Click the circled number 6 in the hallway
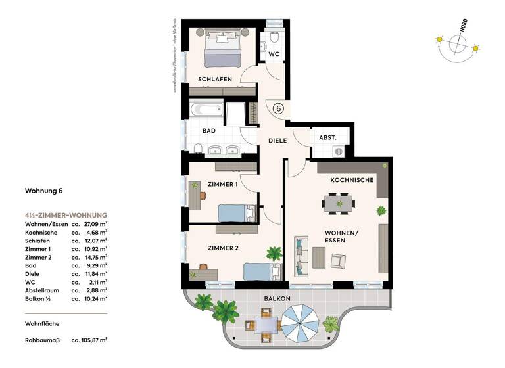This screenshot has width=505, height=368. tap(278, 110)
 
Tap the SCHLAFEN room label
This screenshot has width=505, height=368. tap(215, 80)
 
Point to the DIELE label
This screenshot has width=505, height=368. tap(277, 140)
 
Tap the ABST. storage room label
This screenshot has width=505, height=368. tap(327, 138)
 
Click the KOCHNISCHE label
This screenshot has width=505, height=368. tap(352, 179)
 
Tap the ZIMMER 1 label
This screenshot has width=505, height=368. tap(222, 185)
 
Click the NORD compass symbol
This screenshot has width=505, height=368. tap(458, 45)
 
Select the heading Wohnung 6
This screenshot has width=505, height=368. tap(43, 192)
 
